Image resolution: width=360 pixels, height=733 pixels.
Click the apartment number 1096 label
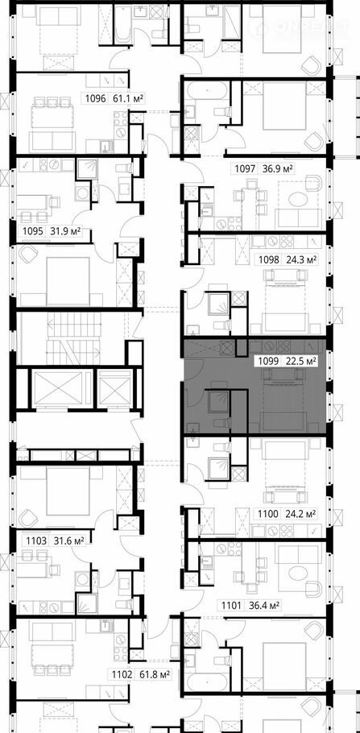[x=96, y=98]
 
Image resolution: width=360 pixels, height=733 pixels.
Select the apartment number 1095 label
[x=33, y=230]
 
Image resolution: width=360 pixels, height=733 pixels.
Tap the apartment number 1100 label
[x=269, y=514]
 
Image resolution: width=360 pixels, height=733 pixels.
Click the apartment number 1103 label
[x=36, y=540]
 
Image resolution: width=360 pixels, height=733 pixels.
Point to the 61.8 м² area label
[x=152, y=674]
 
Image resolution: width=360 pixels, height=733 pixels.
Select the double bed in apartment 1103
[x=68, y=490]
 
